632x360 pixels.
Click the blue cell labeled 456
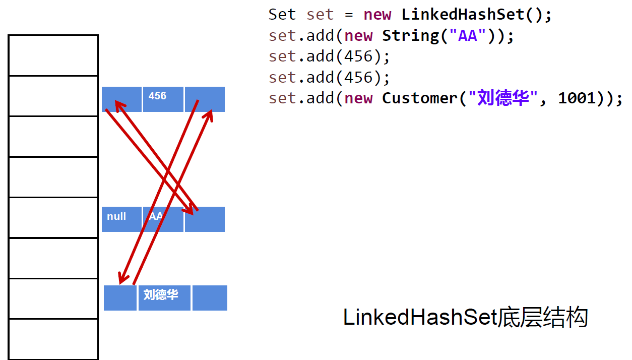click(162, 99)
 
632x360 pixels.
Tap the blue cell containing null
click(121, 219)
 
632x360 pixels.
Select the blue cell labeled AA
click(163, 219)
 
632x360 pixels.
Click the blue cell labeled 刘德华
click(164, 297)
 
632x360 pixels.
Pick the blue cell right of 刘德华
click(210, 297)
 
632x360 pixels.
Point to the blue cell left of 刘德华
click(120, 297)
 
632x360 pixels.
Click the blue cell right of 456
click(205, 99)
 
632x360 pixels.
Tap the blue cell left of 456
click(121, 99)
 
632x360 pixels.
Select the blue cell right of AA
click(205, 219)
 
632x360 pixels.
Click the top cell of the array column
click(53, 55)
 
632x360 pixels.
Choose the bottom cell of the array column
click(53, 339)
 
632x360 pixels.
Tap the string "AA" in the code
click(468, 35)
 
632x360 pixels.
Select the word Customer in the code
click(420, 98)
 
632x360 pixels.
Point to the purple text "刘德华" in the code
click(499, 98)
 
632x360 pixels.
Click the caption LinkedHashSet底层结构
click(465, 318)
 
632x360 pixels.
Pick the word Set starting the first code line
click(282, 14)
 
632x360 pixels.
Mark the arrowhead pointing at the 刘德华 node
click(121, 279)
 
